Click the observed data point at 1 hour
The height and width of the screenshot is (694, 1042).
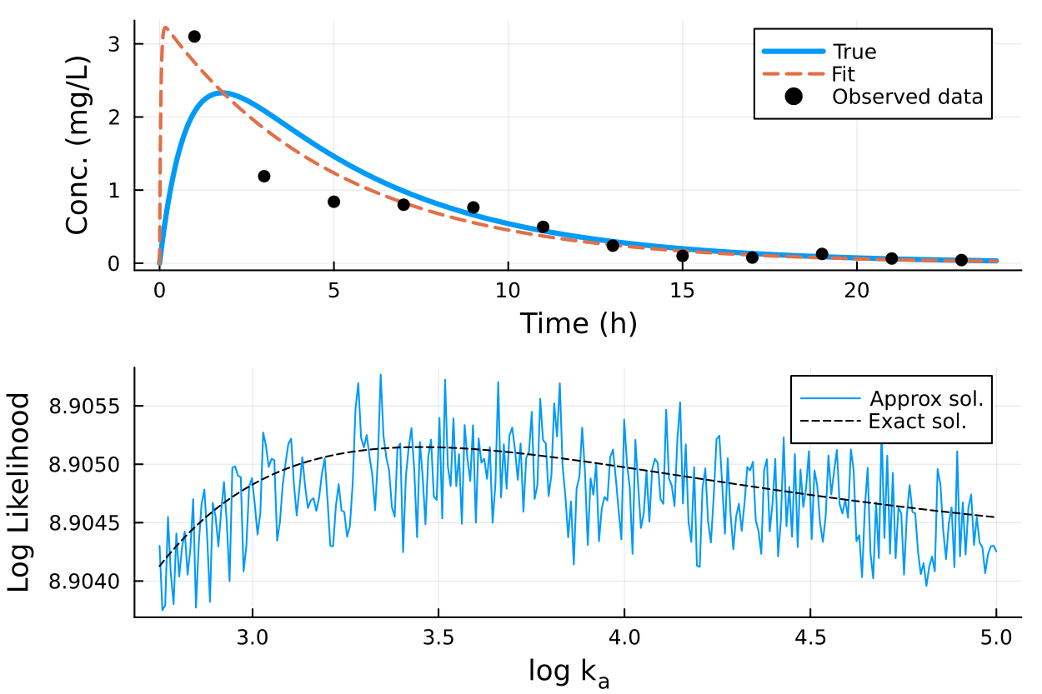(194, 37)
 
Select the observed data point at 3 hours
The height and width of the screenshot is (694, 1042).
(264, 176)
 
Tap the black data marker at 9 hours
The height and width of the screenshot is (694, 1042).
(473, 207)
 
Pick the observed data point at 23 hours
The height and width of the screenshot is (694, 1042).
(961, 260)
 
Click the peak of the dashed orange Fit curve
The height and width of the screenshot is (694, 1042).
(165, 28)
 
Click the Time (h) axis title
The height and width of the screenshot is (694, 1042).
(578, 323)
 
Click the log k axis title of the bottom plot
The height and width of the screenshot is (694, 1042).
(569, 672)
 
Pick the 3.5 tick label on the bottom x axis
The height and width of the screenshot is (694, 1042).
(438, 639)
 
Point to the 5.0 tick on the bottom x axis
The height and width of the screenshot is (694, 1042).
(995, 639)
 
